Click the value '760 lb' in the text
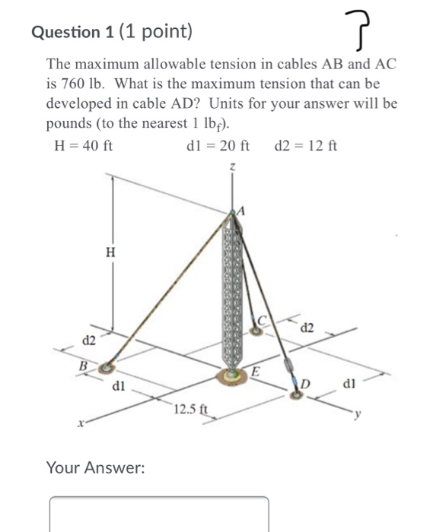[x=76, y=83]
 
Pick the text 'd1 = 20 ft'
[x=218, y=145]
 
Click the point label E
[x=256, y=371]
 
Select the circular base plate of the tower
[x=231, y=374]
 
